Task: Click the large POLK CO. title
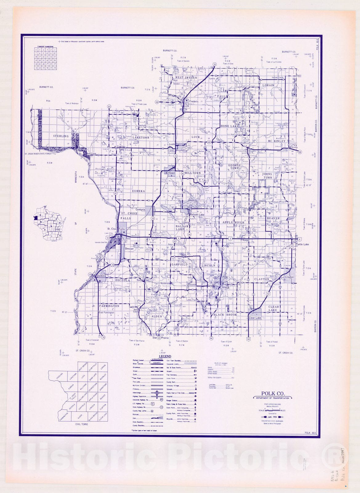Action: [273, 393]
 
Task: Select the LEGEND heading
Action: [165, 357]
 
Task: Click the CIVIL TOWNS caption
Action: [81, 424]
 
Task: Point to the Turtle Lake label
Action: [302, 244]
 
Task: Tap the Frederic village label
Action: [194, 101]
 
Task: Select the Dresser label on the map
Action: [130, 249]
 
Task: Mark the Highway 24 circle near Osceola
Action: [90, 274]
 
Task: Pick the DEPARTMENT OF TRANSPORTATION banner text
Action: [273, 398]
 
